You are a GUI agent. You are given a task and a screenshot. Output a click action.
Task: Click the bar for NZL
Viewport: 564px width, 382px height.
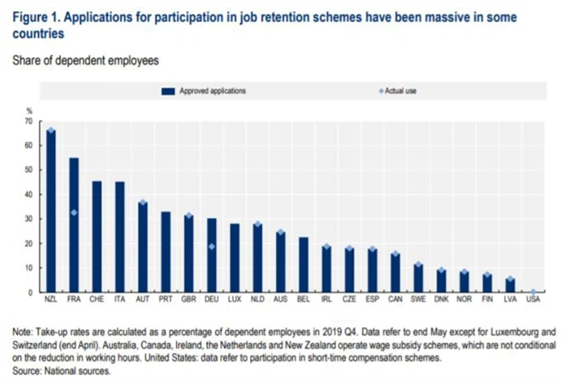pos(51,212)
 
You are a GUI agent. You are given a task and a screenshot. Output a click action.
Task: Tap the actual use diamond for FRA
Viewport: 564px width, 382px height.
pos(74,213)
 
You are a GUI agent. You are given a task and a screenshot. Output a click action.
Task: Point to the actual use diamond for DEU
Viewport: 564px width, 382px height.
pos(212,246)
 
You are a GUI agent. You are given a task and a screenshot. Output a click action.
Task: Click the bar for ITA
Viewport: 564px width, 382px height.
pos(120,237)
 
